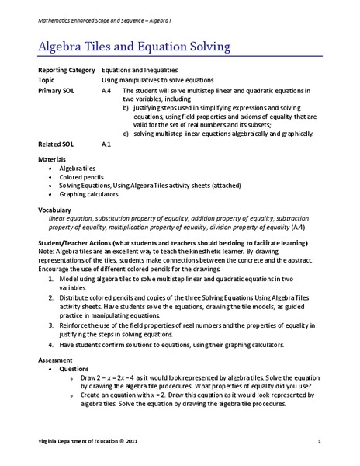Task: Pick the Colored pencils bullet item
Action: coord(80,176)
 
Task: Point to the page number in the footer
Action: coord(319,442)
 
